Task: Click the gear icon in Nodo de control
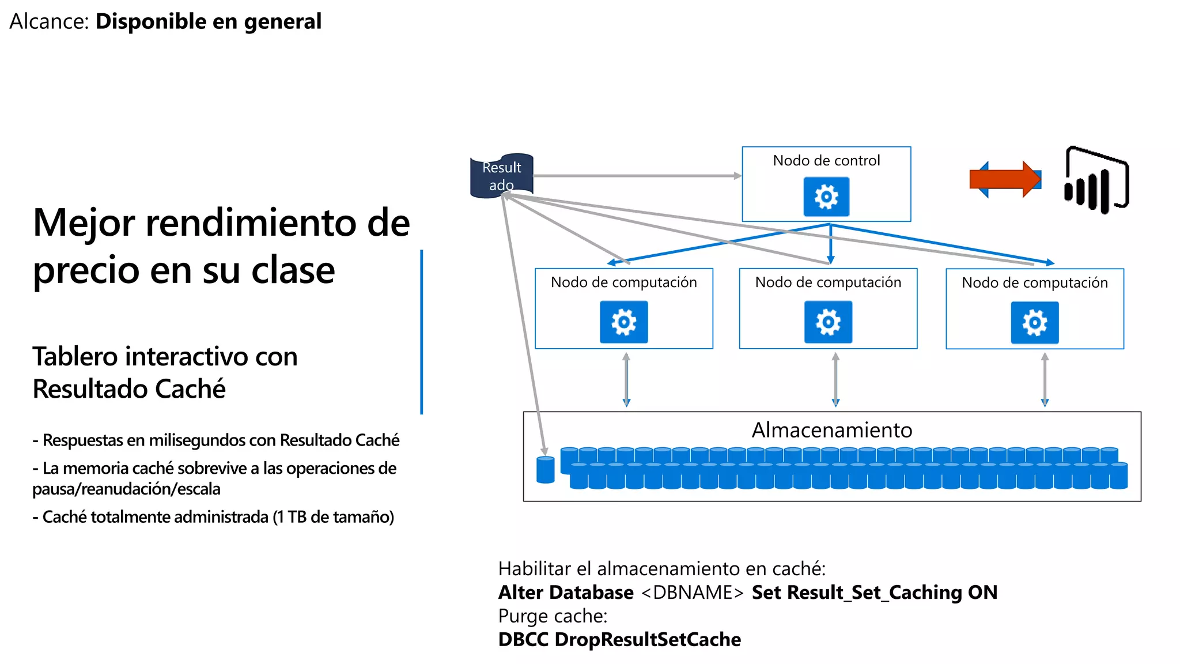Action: point(826,197)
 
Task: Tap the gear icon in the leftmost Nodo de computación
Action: point(623,322)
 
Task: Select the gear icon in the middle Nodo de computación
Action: point(828,322)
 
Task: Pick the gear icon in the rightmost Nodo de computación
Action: point(1034,323)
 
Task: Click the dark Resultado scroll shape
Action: point(501,176)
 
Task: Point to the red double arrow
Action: point(1005,179)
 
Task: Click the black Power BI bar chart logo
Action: point(1095,181)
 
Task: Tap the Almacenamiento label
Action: point(831,430)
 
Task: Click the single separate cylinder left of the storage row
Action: point(545,470)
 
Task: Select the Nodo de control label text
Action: point(826,160)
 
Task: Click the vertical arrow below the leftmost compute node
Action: point(626,380)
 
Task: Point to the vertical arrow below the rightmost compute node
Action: point(1045,380)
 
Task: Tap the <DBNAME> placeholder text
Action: point(692,593)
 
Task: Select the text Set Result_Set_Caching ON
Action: point(874,593)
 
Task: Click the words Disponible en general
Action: point(208,21)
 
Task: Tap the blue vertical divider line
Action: point(422,331)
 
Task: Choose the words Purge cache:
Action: point(553,616)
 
